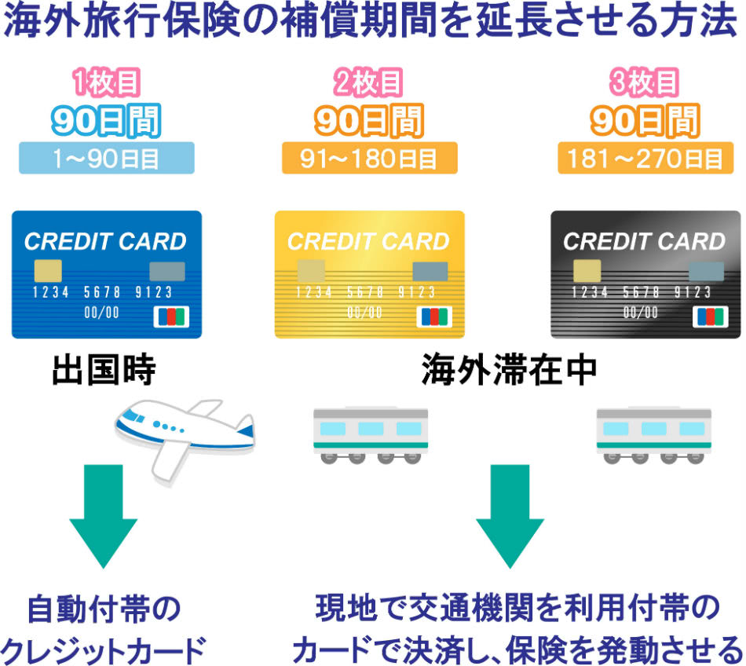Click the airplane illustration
coord(185,435)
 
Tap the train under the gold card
coord(371,434)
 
